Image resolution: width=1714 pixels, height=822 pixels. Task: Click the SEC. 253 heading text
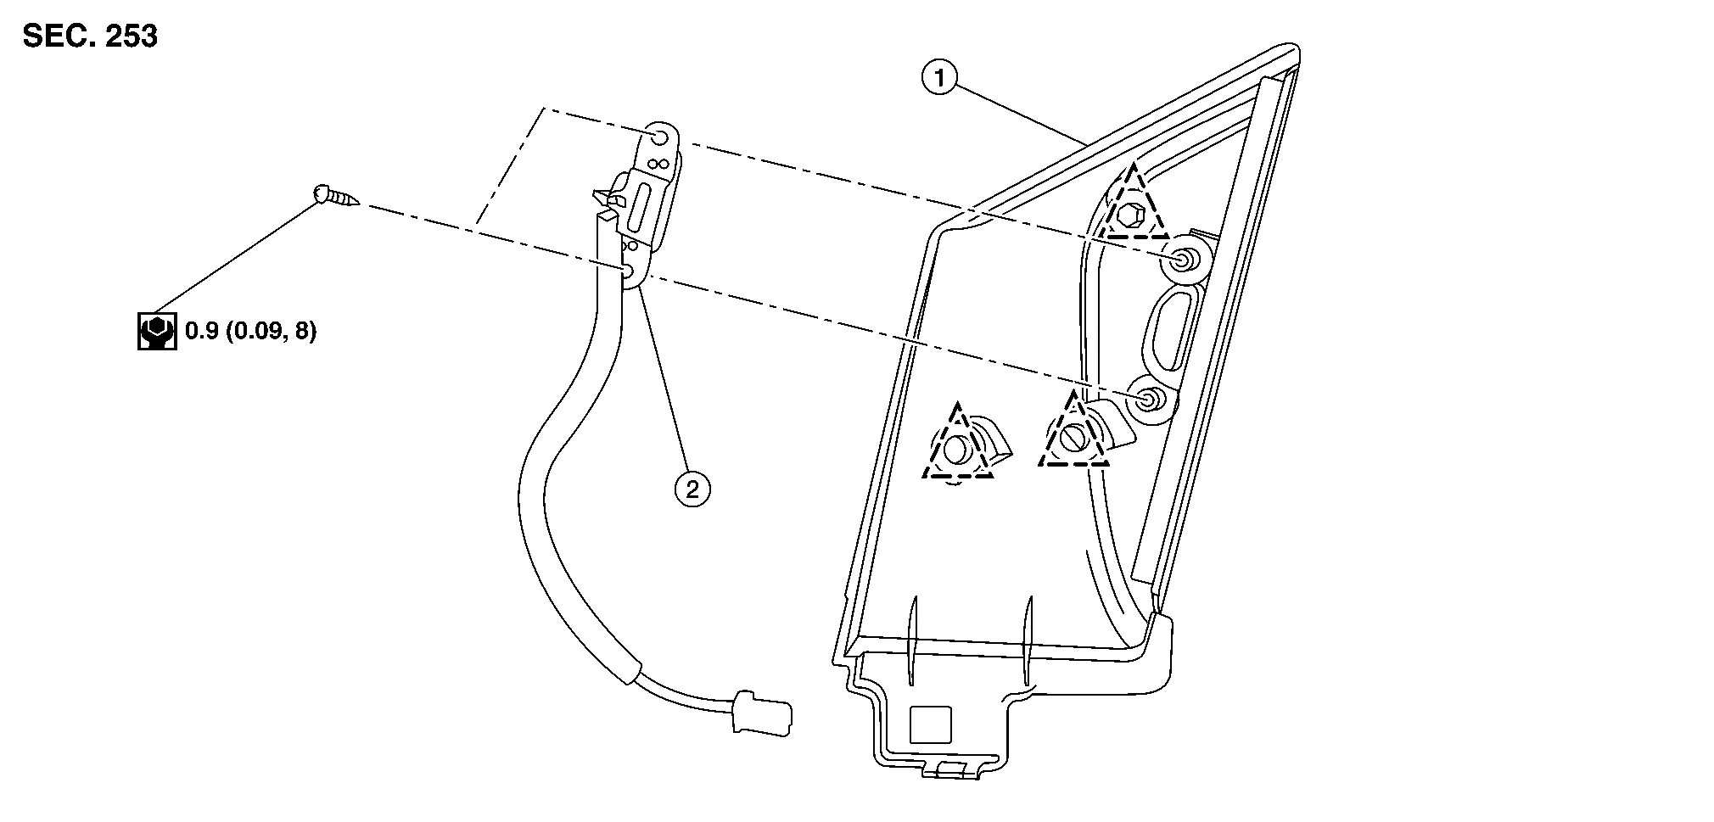[90, 36]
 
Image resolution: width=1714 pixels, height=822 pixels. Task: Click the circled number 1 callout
[938, 79]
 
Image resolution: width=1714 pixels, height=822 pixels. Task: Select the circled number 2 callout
[692, 489]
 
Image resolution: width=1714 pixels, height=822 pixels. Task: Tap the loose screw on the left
[335, 196]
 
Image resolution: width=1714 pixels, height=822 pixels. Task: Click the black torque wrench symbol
[157, 332]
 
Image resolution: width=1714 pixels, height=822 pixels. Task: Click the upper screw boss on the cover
[1180, 260]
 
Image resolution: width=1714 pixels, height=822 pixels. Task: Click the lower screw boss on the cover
[1150, 399]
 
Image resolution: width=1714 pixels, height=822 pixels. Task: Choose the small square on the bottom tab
[930, 724]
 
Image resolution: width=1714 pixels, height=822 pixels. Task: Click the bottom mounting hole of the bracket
[629, 271]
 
